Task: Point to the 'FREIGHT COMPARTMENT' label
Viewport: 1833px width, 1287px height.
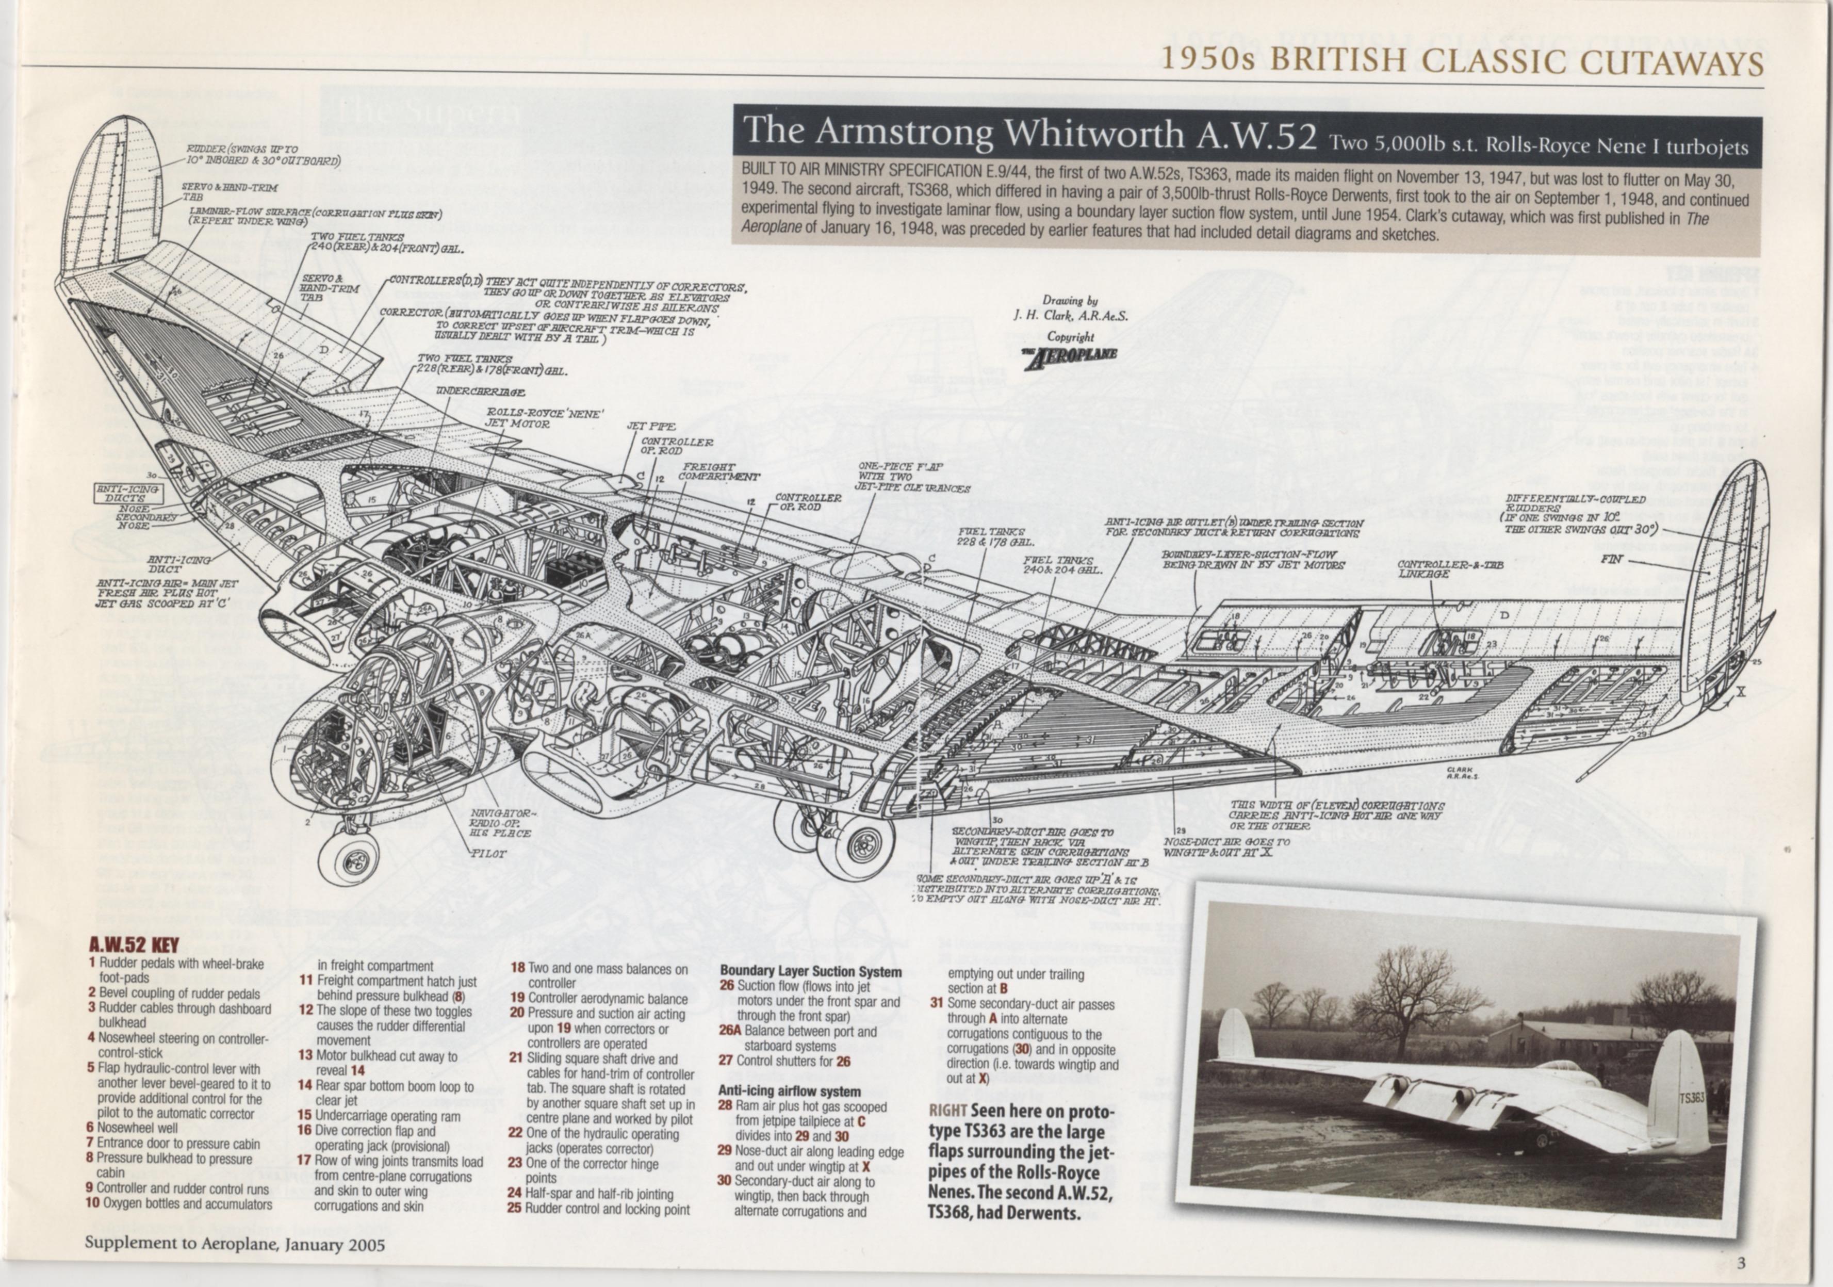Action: click(718, 472)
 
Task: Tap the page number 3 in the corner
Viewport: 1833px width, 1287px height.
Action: click(1741, 1262)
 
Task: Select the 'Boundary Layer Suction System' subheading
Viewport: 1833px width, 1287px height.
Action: click(810, 972)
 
